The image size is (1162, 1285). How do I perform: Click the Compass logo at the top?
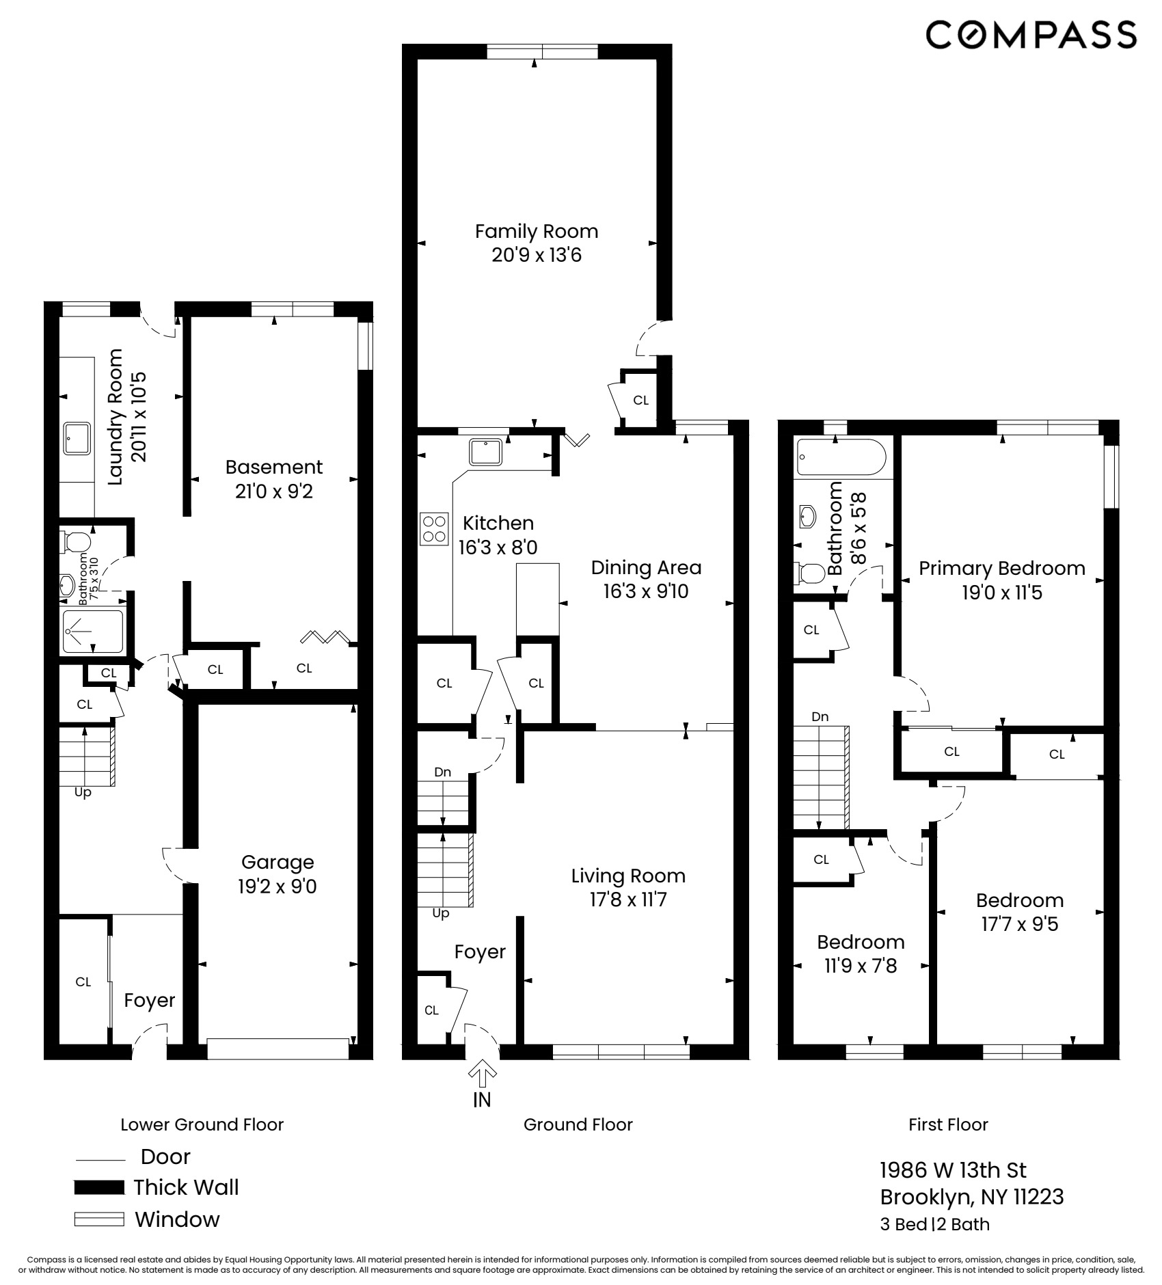[1031, 34]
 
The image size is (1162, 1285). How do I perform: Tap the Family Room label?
[537, 232]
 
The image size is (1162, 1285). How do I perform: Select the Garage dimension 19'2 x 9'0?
[277, 887]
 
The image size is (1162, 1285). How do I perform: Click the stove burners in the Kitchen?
[435, 529]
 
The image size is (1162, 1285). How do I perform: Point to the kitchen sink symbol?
[486, 452]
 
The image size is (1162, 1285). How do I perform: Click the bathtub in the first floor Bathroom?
[841, 457]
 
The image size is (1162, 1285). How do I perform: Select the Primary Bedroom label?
[1001, 568]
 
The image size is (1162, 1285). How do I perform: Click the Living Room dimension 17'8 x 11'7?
[628, 899]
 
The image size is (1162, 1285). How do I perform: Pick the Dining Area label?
[646, 567]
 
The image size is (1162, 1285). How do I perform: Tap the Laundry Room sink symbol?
[77, 438]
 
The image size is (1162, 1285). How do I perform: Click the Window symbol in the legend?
[99, 1219]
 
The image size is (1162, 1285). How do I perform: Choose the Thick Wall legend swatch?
[99, 1187]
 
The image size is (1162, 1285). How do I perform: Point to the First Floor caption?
[948, 1124]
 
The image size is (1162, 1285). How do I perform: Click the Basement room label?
[273, 467]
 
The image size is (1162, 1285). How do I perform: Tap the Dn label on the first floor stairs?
[820, 717]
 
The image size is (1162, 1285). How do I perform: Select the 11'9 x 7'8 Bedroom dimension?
[861, 966]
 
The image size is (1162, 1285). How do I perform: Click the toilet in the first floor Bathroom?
[808, 573]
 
